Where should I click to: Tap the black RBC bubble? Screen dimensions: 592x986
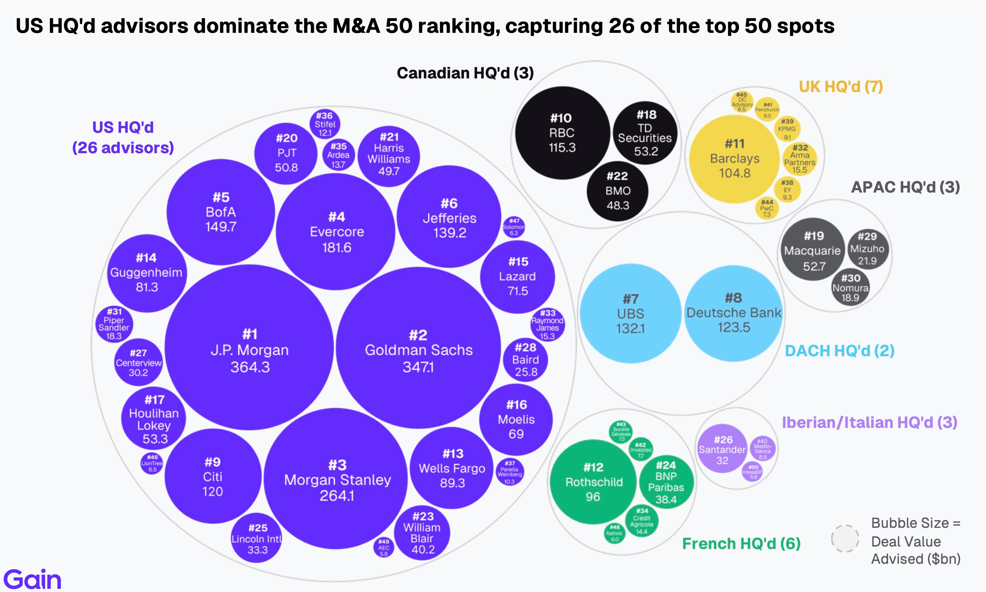pyautogui.click(x=562, y=133)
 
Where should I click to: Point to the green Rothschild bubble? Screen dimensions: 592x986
pyautogui.click(x=593, y=482)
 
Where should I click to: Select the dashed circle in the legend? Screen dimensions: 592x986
pyautogui.click(x=845, y=539)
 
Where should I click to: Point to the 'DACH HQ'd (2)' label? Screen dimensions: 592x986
pyautogui.click(x=839, y=351)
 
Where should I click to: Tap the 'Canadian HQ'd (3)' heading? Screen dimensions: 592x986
pyautogui.click(x=465, y=73)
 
